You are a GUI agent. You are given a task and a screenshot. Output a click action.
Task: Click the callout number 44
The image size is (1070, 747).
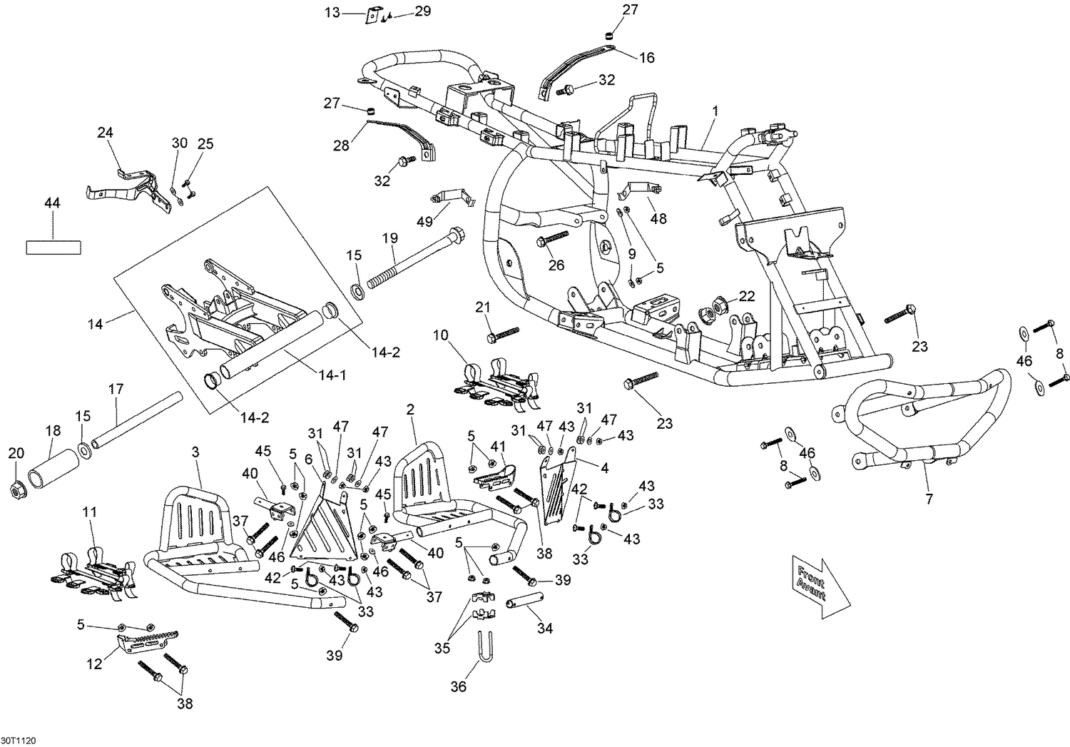click(52, 203)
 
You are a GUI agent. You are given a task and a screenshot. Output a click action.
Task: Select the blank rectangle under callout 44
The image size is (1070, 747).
click(53, 248)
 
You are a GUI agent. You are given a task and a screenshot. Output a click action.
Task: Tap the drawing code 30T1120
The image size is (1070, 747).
click(18, 741)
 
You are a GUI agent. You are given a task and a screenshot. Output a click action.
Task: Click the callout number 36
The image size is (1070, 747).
click(459, 687)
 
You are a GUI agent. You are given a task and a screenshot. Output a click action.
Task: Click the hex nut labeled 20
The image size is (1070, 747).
click(18, 488)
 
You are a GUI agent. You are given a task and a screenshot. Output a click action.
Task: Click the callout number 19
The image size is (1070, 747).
click(390, 238)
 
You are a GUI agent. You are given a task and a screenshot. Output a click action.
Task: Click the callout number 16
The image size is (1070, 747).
click(647, 58)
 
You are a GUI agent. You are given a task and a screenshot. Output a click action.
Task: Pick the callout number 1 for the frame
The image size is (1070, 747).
click(715, 111)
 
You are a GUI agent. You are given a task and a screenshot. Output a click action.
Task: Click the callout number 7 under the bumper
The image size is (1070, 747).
click(929, 499)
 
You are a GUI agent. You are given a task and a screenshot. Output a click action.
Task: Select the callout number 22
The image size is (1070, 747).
click(747, 296)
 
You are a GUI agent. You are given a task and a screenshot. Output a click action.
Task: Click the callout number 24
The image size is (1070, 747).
click(105, 132)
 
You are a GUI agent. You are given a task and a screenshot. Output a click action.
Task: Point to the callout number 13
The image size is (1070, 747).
click(332, 12)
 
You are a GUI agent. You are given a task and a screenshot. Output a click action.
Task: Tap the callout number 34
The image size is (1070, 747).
click(544, 629)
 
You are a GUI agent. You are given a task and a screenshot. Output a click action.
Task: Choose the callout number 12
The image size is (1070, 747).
click(95, 664)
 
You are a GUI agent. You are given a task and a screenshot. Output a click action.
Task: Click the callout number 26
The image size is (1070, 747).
click(556, 265)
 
